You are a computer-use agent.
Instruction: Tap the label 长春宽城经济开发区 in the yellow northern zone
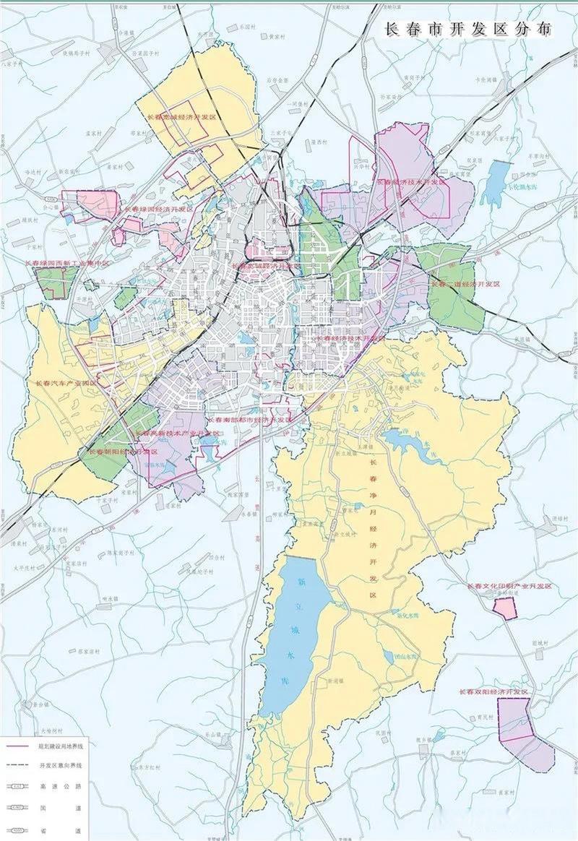[181, 116]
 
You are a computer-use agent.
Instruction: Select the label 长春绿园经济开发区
[159, 209]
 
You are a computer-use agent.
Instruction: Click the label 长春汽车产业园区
[66, 382]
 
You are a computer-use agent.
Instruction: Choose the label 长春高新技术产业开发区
[176, 433]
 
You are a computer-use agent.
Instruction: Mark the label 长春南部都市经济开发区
[250, 419]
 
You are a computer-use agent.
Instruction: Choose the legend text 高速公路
[61, 783]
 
